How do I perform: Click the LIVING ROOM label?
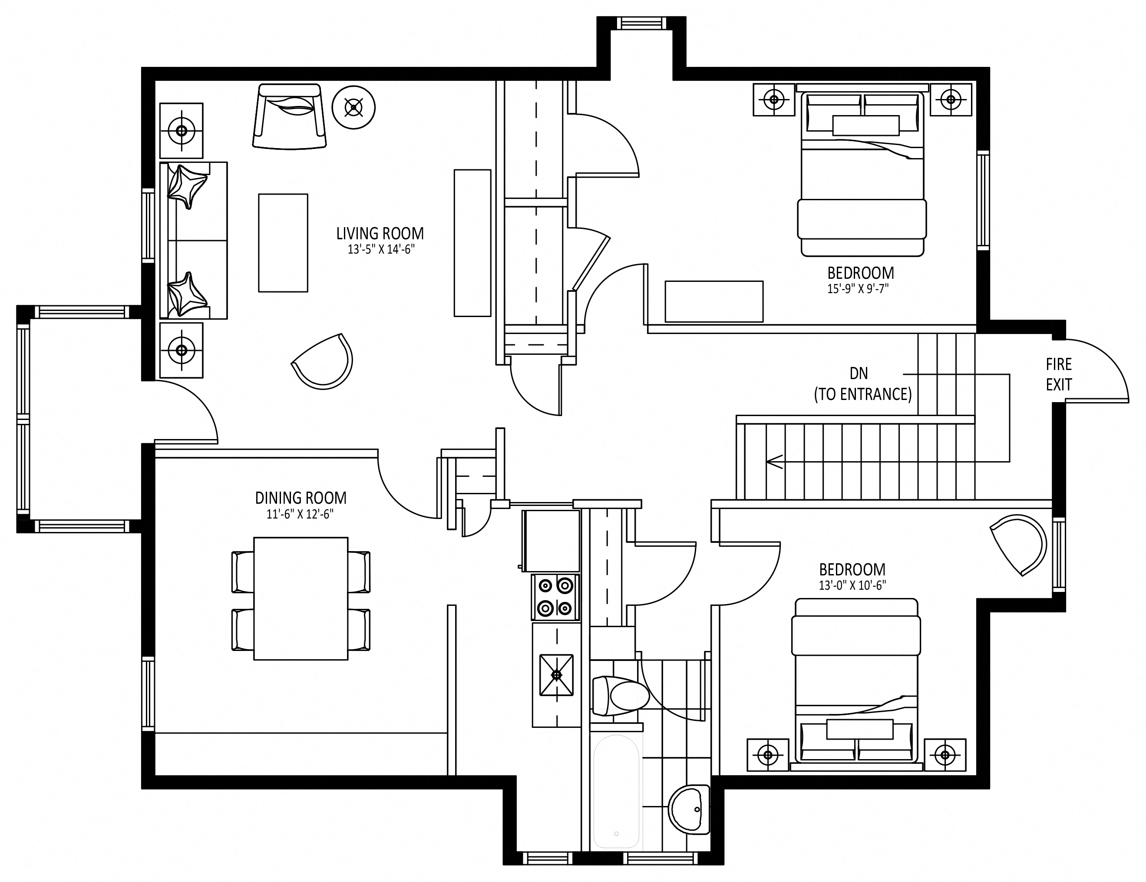coord(380,233)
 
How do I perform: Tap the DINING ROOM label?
coord(301,497)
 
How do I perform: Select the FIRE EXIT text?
coord(1059,374)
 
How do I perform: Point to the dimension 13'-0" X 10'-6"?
coord(852,585)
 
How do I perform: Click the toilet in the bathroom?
coord(621,696)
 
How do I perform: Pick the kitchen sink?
coord(556,675)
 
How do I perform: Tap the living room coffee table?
coord(283,243)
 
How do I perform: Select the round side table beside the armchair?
coord(353,108)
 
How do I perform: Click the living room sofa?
coord(194,240)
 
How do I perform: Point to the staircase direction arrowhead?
coord(773,462)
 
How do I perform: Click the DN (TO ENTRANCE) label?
coord(862,384)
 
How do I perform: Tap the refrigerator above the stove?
coord(551,540)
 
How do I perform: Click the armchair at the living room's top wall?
coord(289,116)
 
